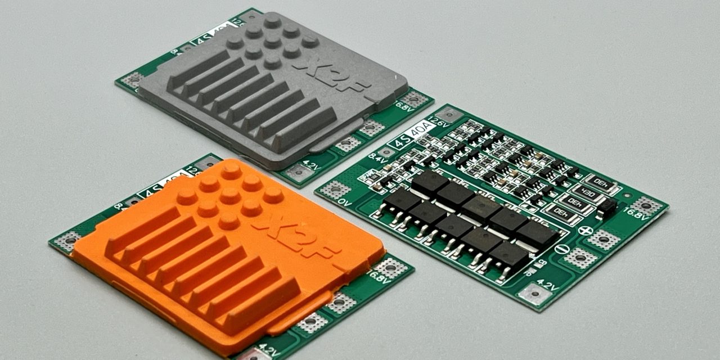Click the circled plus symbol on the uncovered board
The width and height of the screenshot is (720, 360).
[586, 230]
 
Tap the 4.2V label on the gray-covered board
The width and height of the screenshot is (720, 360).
[311, 165]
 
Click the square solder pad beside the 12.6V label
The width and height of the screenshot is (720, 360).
[449, 115]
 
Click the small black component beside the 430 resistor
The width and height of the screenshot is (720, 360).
[606, 208]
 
